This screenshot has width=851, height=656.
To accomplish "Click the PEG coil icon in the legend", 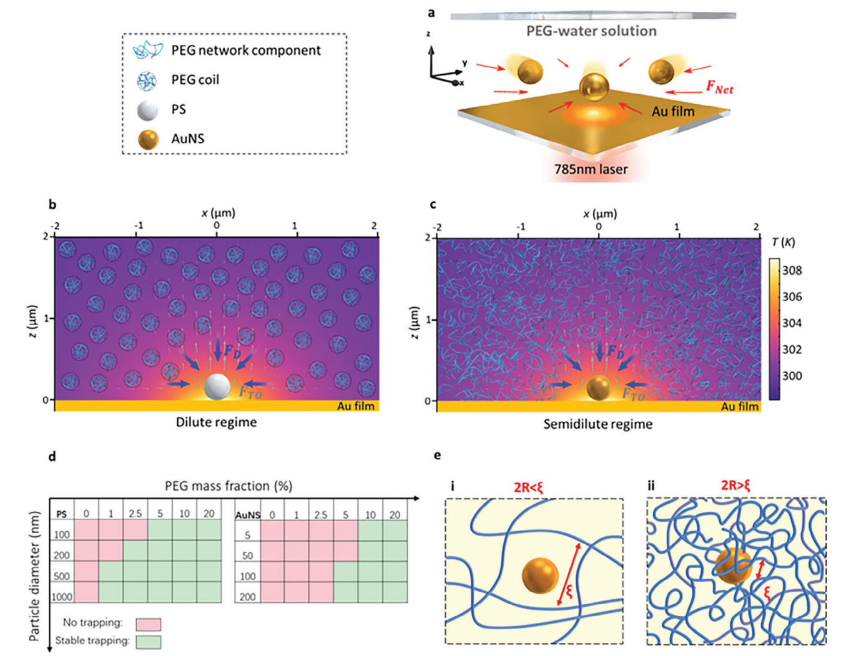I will click(147, 80).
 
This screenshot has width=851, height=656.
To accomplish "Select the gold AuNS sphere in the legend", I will click(148, 139).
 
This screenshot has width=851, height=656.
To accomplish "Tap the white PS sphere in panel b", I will click(217, 386).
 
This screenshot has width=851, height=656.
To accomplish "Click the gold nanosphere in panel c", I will click(599, 388).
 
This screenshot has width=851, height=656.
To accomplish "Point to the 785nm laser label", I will click(591, 169).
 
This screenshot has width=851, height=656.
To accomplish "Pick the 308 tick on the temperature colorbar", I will click(792, 270).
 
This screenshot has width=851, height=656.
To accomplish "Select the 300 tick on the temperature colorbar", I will click(792, 376).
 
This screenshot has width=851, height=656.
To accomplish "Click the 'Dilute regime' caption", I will click(216, 422).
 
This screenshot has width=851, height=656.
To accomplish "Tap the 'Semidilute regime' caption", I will click(598, 424).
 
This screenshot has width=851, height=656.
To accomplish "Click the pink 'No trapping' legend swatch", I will click(148, 624).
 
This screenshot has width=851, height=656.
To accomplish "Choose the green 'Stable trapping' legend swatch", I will click(148, 642).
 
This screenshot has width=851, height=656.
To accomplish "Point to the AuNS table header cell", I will click(247, 515).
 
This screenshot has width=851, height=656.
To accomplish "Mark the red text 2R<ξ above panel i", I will click(528, 487).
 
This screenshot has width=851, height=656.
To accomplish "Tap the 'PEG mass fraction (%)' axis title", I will click(229, 486).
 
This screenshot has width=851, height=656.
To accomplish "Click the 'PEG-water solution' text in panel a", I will click(591, 31).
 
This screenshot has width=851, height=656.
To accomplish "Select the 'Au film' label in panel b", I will click(356, 406).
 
